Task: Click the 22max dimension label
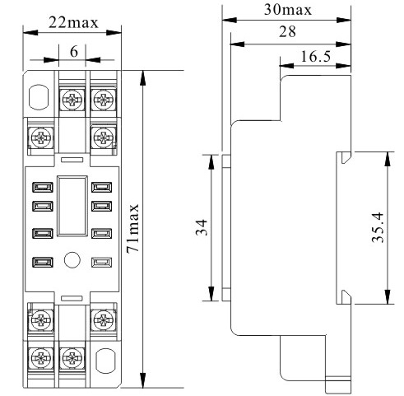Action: pos(73,22)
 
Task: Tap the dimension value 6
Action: pos(74,52)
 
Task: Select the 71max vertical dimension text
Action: pos(133,228)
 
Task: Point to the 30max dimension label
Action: pos(288,10)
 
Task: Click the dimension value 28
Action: pos(287,31)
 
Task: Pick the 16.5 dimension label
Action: pos(316,57)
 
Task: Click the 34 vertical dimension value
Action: pos(202,227)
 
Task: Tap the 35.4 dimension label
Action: pos(378,227)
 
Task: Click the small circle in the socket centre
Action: pos(72,259)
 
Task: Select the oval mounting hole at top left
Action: pos(39,97)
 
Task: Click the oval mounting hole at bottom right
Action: pos(105,361)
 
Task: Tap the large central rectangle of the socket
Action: pos(72,206)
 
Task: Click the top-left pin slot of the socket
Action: pos(43,188)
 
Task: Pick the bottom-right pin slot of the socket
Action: pos(101,262)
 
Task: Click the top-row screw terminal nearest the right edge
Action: pos(103,100)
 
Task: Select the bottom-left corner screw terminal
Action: pos(41,358)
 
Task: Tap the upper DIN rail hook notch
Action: pos(345,157)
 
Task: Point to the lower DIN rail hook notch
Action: pos(345,297)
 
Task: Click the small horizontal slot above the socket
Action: pos(72,160)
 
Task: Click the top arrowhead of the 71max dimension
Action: pos(142,78)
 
